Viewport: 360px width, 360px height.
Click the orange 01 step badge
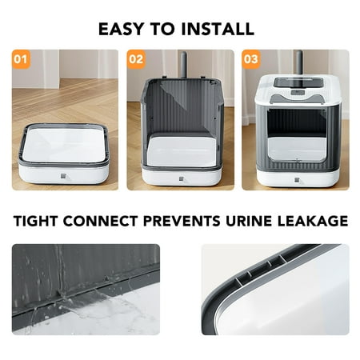21,59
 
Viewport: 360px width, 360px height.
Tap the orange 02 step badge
136,59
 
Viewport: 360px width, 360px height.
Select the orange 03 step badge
251,59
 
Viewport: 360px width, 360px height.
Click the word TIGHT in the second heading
36,221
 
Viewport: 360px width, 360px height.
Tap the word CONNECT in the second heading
101,221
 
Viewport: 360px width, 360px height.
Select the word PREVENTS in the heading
182,221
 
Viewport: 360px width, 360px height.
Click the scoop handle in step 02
183,65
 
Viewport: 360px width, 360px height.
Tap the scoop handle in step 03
299,63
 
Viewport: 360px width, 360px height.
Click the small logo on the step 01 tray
63,176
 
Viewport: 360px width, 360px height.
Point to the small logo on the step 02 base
182,178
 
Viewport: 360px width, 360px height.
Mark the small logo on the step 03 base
298,180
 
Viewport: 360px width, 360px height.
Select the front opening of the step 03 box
297,135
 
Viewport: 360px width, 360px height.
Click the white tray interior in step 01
64,145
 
